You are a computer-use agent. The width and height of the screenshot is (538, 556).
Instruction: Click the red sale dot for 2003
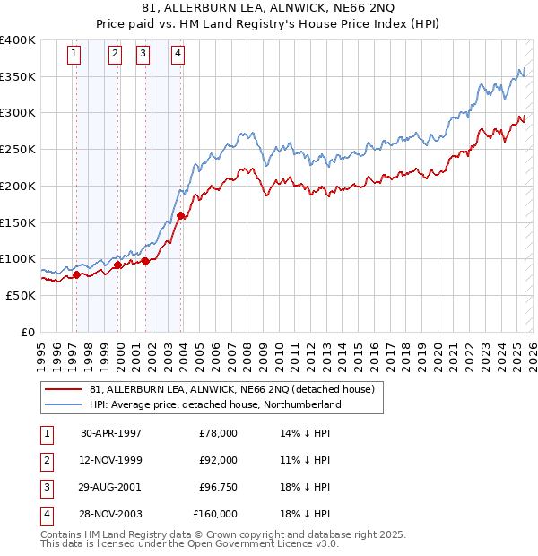click(180, 215)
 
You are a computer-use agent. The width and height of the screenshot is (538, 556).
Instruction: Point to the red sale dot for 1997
click(76, 275)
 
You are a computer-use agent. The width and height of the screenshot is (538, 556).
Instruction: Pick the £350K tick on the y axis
click(18, 77)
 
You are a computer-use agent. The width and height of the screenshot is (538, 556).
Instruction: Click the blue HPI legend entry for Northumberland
click(215, 404)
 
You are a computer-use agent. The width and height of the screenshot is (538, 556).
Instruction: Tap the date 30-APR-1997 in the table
click(111, 433)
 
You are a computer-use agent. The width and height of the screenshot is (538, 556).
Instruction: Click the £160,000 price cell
click(215, 515)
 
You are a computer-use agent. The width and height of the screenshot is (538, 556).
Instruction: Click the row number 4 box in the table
click(45, 515)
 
